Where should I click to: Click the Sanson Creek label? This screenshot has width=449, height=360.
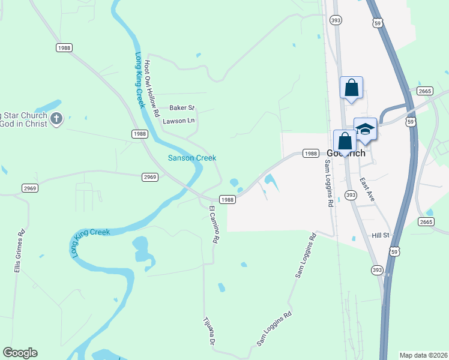191,158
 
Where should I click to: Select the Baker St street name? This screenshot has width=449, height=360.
182,108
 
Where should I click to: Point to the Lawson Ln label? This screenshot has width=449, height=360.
179,121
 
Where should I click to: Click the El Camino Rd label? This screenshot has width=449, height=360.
213,224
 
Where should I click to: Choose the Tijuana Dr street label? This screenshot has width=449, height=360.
209,331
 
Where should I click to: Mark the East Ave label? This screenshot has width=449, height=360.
367,188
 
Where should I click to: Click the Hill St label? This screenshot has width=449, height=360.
381,236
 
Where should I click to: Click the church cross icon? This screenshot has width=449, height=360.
56,119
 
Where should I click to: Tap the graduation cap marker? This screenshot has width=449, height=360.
365,129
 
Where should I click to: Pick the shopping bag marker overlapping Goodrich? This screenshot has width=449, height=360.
345,142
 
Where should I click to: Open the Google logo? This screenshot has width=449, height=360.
20,353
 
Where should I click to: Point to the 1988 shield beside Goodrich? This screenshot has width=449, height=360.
310,154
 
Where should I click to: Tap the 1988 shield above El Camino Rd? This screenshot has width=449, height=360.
226,200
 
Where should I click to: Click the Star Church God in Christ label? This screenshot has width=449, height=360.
24,119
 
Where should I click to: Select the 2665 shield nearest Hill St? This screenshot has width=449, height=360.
426,221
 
